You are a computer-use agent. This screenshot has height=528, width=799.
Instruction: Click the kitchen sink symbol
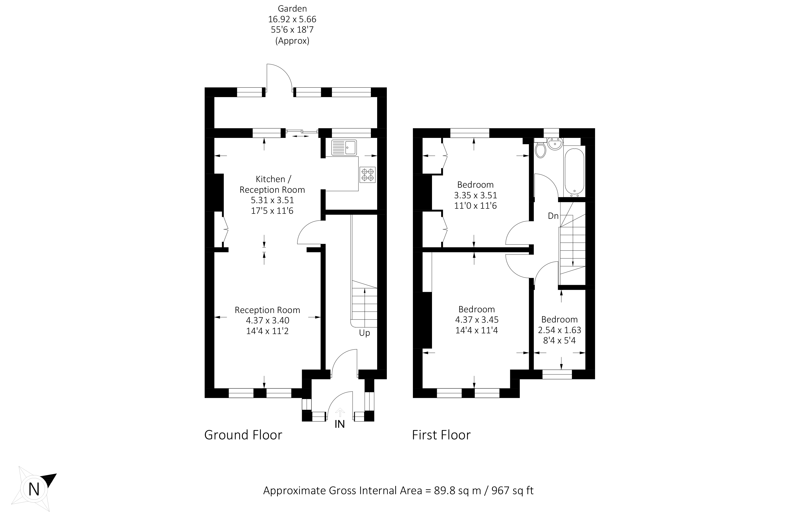[x=344, y=148]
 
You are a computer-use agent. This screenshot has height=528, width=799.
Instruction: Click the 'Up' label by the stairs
[x=364, y=333]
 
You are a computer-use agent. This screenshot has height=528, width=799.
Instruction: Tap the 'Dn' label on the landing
[x=553, y=216]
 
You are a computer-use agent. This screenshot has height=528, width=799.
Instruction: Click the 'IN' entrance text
[x=339, y=424]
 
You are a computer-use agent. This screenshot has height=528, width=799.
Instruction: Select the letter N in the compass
[x=34, y=490]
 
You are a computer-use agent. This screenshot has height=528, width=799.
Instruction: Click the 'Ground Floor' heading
[x=243, y=435]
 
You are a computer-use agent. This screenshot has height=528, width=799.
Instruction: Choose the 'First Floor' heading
[x=441, y=435]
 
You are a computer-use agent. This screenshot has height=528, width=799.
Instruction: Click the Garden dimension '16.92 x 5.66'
[x=292, y=19]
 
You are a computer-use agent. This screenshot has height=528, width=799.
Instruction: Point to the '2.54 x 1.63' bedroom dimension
[x=560, y=330]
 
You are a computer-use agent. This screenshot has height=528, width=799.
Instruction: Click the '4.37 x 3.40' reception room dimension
[x=267, y=320]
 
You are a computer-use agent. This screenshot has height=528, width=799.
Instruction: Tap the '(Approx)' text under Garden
[x=292, y=41]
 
